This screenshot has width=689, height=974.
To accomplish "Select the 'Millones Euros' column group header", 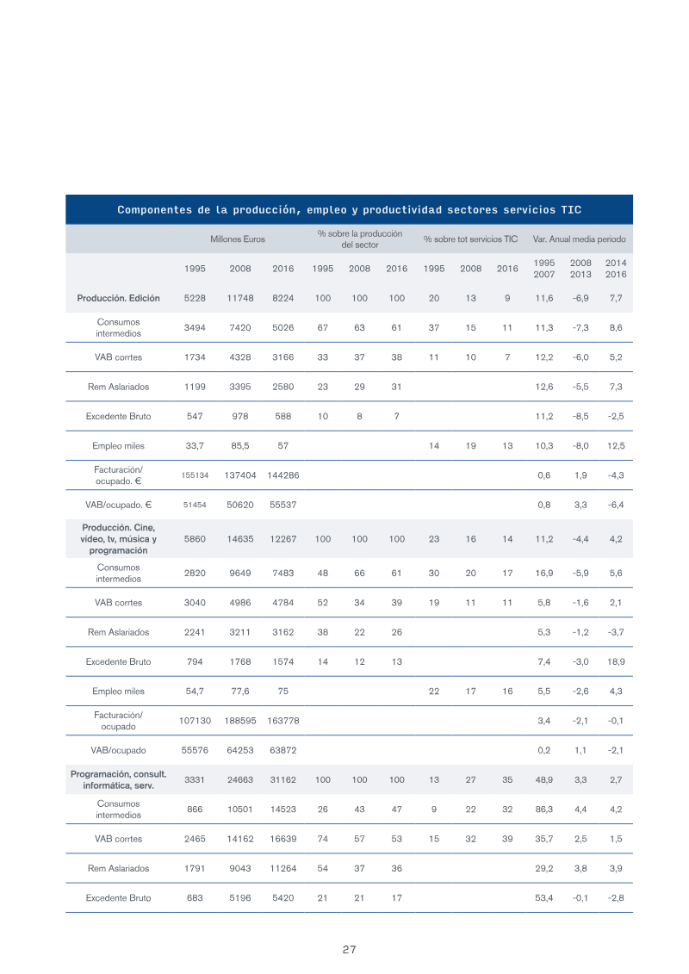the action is click(238, 239).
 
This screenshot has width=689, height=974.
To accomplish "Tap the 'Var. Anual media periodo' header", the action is click(579, 239).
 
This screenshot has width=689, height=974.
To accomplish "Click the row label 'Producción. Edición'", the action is click(118, 298).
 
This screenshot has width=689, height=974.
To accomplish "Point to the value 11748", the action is click(239, 298).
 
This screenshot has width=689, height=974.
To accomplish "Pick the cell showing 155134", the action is click(195, 475).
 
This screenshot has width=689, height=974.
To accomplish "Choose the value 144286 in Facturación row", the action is click(282, 475).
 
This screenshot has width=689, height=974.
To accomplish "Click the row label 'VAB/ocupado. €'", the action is click(118, 505).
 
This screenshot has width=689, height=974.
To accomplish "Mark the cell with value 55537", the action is click(282, 505).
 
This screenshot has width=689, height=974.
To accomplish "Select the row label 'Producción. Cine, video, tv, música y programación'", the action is click(118, 538).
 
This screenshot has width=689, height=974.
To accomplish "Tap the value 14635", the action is click(239, 539).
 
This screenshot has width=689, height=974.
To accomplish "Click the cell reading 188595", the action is click(239, 721).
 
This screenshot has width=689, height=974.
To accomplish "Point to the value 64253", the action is click(239, 750).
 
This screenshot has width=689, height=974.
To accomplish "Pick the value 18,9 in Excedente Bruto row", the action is click(616, 661).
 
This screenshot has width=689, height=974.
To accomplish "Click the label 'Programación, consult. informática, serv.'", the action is click(118, 779).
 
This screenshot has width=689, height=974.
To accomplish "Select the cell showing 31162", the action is click(282, 779).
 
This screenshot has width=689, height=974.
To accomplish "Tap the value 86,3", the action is click(543, 810).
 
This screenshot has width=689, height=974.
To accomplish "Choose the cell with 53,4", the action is click(543, 897).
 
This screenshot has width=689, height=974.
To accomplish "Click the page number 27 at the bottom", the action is click(349, 949).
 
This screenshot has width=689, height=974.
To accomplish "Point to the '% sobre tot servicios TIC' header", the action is click(470, 239).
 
